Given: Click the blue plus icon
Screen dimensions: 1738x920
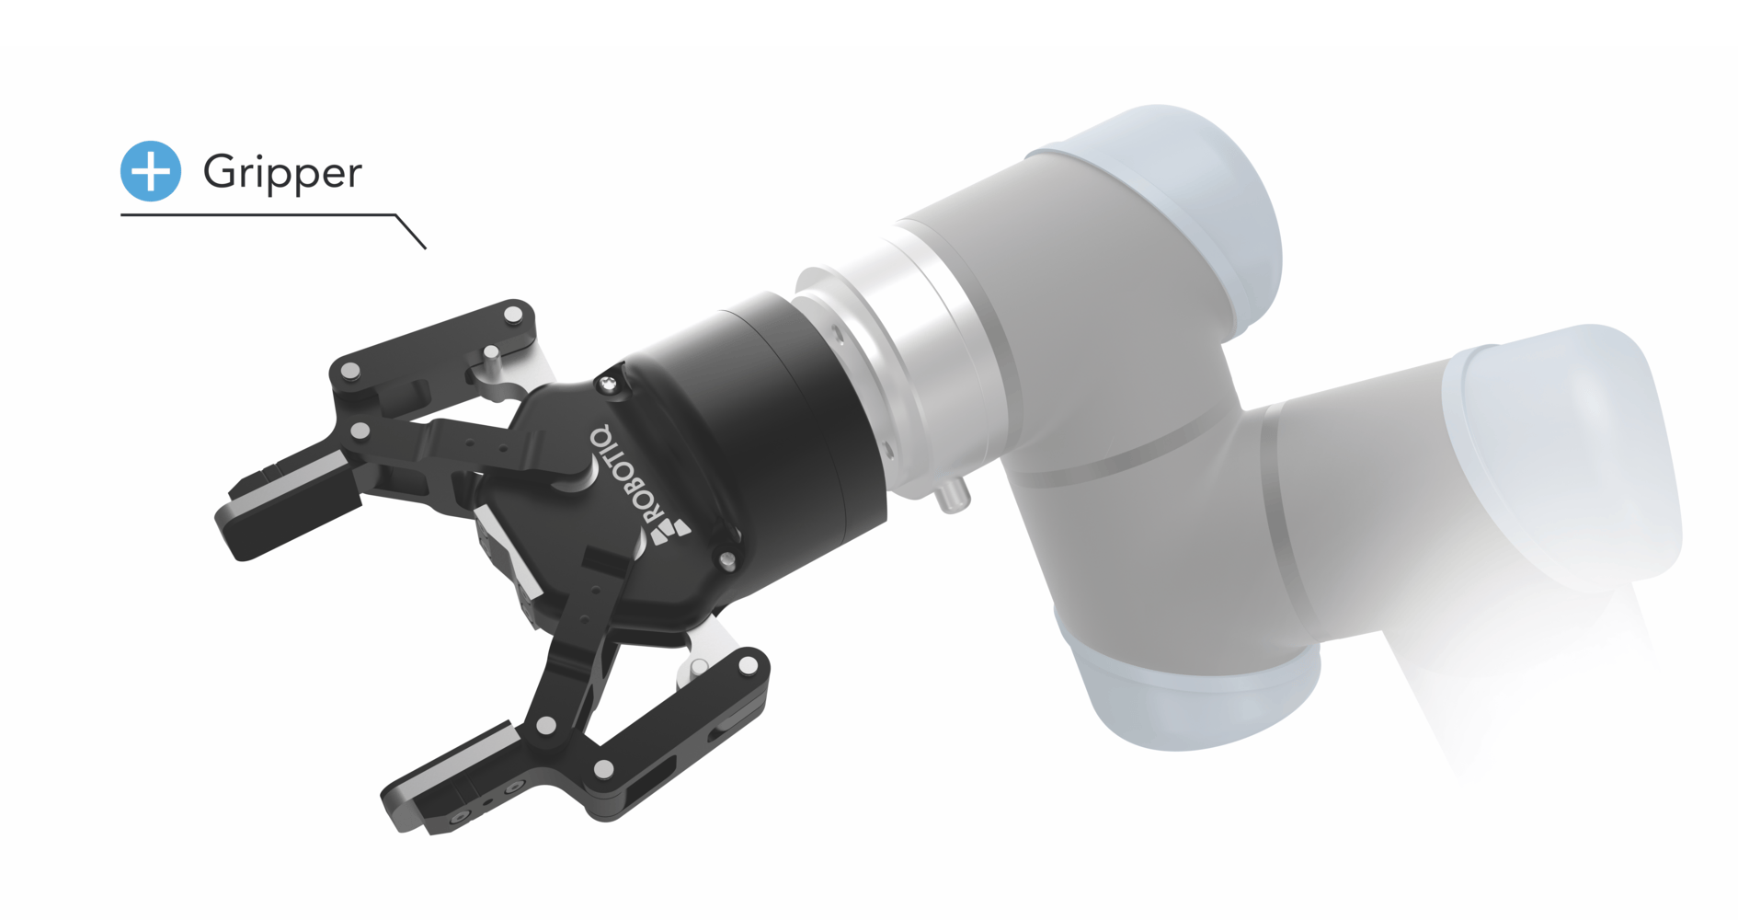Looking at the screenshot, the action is tap(151, 171).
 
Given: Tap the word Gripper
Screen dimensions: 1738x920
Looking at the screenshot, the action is tap(282, 173).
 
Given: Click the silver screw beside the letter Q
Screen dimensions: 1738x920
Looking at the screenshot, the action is tap(608, 385).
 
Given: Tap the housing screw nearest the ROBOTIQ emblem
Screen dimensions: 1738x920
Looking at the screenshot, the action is tap(726, 559).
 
